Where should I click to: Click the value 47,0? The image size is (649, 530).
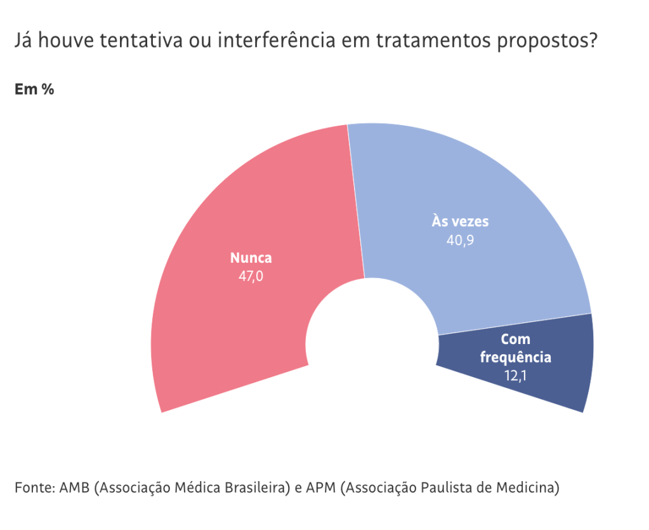(x=251, y=276)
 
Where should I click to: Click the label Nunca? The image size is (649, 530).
(x=251, y=258)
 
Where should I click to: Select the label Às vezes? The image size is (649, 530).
(x=461, y=222)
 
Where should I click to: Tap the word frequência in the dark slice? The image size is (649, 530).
(x=515, y=357)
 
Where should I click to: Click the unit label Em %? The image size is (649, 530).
(x=34, y=89)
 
